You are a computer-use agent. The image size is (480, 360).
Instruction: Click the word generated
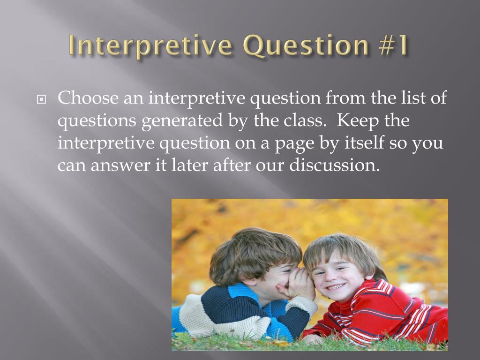point(182,121)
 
